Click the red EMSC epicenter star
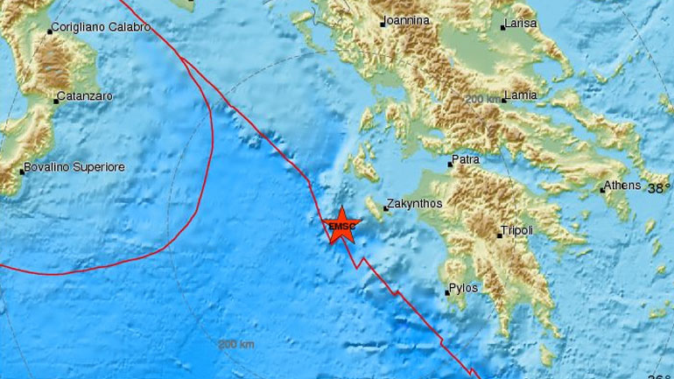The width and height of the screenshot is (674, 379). [x=342, y=228]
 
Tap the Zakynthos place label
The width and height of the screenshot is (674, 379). [x=415, y=202]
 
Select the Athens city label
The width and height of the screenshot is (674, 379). [x=623, y=186]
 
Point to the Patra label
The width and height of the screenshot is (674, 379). [x=463, y=161]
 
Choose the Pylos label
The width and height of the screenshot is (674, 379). [x=461, y=287]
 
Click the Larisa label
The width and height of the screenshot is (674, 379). [x=519, y=25]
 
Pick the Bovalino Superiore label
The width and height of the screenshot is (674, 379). [x=76, y=166]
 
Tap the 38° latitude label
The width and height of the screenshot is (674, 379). [x=658, y=187]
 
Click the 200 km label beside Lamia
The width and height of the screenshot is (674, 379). [x=483, y=99]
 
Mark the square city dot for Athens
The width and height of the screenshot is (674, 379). [x=602, y=188]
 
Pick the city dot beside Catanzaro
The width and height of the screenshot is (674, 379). [x=55, y=102]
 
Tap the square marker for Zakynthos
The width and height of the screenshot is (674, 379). [x=386, y=208]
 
